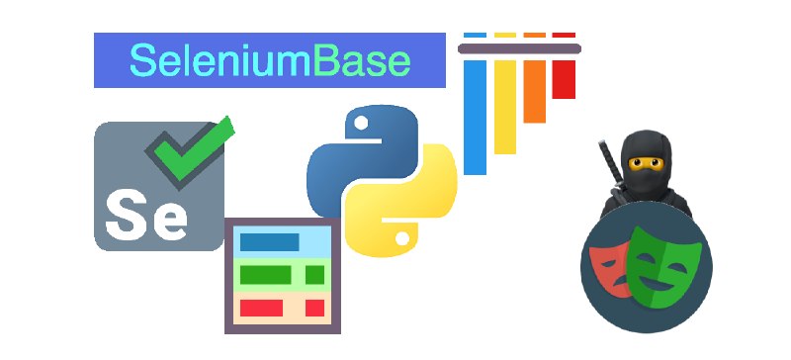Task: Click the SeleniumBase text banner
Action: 269,60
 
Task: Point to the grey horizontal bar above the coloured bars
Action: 520,46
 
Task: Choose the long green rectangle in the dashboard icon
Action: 265,274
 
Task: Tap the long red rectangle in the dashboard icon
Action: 262,308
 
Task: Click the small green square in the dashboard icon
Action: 314,274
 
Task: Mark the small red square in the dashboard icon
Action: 314,308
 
